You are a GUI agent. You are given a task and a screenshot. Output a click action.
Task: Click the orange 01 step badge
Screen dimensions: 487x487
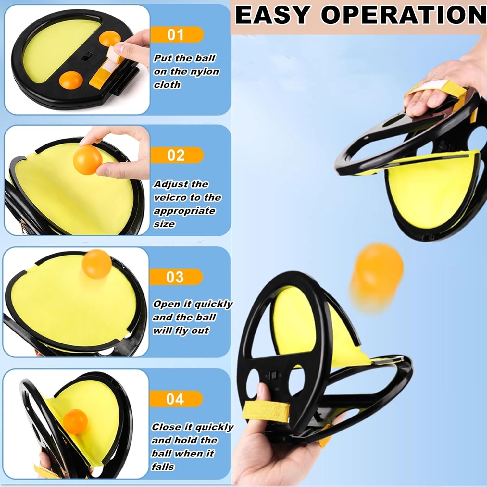(x=176, y=34)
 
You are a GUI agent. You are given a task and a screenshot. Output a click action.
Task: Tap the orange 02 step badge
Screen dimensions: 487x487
(x=176, y=155)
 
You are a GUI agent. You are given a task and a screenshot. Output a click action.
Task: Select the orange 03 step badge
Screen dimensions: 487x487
(x=176, y=277)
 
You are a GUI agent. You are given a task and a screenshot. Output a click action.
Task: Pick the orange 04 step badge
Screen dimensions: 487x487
(x=176, y=399)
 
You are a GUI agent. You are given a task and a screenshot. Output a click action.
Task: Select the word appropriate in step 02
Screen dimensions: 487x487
(x=184, y=211)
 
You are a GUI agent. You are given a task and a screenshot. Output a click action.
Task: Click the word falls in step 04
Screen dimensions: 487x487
(x=163, y=467)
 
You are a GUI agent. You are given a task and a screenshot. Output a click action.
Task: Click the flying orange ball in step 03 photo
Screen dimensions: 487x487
(x=96, y=264)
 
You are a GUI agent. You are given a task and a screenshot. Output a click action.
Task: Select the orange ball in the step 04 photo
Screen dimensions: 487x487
(x=76, y=421)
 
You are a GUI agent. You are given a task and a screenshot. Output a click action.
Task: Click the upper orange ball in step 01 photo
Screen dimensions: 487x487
(x=110, y=38)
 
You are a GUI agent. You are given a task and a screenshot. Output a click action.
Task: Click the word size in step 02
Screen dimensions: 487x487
(x=164, y=224)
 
